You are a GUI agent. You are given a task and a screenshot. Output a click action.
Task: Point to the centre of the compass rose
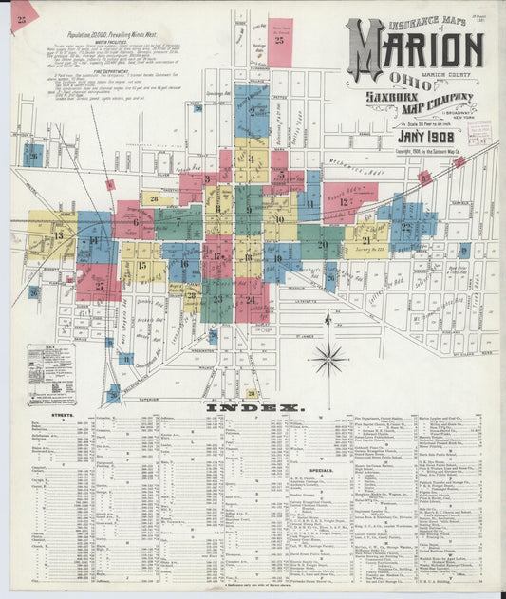click(329, 359)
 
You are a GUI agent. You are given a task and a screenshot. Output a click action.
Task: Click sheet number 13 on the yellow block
click(59, 234)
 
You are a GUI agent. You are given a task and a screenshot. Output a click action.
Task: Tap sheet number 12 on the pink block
click(344, 201)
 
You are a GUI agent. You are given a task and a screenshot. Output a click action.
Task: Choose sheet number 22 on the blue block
click(405, 227)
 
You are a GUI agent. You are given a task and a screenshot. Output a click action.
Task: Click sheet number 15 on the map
click(141, 265)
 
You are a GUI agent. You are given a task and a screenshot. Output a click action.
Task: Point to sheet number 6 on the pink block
click(136, 222)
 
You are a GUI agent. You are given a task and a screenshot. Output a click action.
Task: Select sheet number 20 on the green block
click(323, 244)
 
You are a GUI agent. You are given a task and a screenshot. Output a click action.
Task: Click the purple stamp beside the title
click(478, 132)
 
